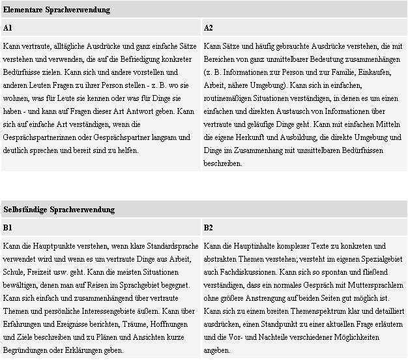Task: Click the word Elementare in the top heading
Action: click(23, 10)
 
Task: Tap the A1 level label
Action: click(8, 28)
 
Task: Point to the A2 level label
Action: click(209, 28)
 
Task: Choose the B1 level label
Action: click(8, 227)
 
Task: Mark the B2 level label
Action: click(209, 227)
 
